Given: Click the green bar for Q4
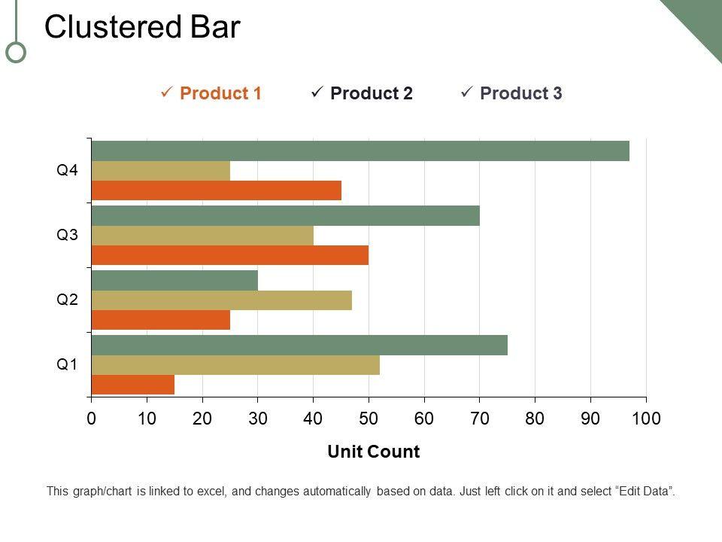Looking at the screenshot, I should pos(359,151).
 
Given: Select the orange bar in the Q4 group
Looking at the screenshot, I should pos(216,190).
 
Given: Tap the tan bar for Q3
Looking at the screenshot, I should pos(202,236).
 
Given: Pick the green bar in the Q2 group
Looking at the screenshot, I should pos(174,280).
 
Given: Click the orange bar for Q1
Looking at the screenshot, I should pos(133,385).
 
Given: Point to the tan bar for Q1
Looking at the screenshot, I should pos(235,365).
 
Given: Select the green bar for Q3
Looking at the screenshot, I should pos(285,215).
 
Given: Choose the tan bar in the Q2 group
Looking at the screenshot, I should pos(221,300).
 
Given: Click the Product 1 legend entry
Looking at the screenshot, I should pos(220,93).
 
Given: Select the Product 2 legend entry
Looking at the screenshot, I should pos(371,93).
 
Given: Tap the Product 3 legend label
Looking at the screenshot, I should pos(520,93).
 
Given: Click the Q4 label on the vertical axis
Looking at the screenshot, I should pos(68,170).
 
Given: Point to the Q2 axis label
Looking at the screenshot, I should pos(68,300).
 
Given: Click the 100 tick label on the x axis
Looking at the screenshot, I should pos(646,419).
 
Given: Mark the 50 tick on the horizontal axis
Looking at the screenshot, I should pos(369,419).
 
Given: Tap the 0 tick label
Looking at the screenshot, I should pos(91,419).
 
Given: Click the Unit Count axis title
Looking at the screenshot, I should pos(374,452).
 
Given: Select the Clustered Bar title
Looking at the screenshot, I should pos(142,27).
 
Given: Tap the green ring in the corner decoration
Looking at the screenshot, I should pos(16,52).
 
